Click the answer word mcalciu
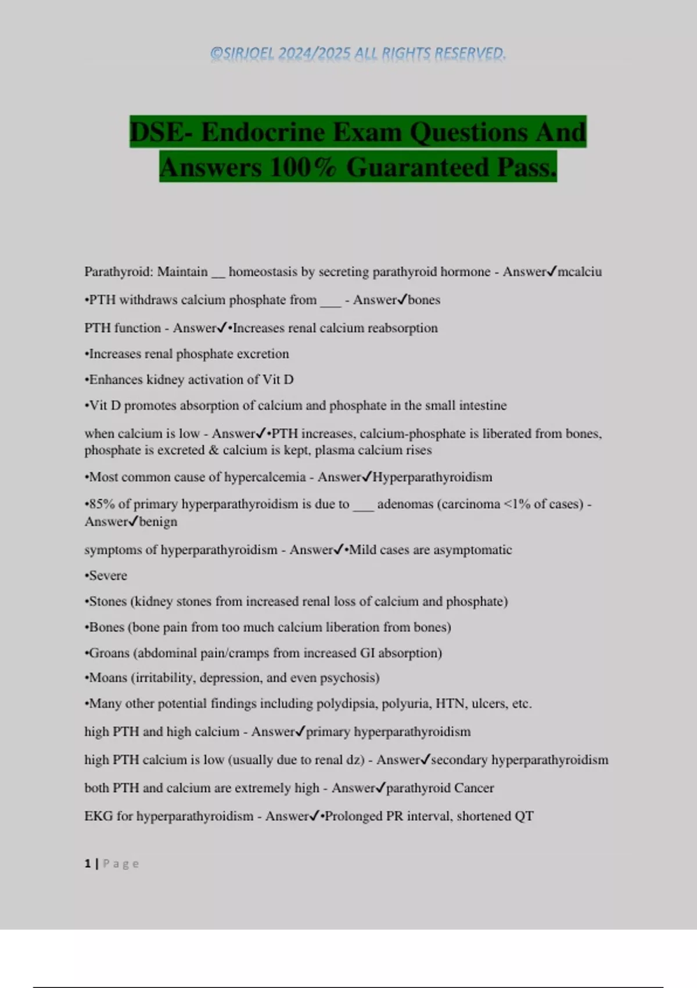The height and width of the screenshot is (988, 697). tap(580, 271)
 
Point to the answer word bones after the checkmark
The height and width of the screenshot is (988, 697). tap(424, 300)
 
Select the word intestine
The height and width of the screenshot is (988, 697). tap(483, 405)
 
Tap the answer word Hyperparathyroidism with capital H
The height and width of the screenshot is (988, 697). tap(432, 477)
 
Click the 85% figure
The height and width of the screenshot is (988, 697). tap(102, 504)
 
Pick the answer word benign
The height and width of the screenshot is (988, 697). tap(158, 521)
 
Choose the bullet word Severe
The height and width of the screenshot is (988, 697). tap(108, 575)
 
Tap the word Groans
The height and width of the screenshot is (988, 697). tap(109, 653)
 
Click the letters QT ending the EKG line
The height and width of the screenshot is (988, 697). tap(524, 816)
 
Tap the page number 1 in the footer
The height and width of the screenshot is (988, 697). tap(88, 864)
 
